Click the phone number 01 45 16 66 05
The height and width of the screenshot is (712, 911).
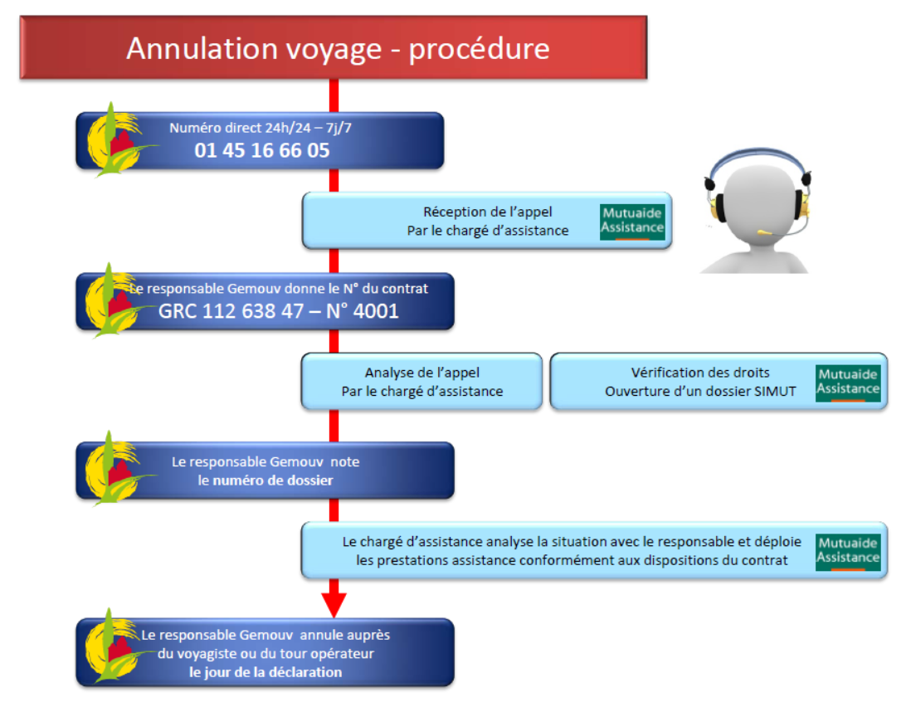coord(262,150)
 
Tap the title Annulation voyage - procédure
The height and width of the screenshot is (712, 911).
coord(337,48)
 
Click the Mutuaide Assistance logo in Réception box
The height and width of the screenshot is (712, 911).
coord(632,221)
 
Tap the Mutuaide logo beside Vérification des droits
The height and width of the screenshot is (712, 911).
coord(847,383)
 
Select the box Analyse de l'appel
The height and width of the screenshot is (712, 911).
coord(421,382)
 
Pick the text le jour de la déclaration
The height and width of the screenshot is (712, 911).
coord(266,671)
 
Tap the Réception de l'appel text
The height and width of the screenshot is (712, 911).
coord(487,212)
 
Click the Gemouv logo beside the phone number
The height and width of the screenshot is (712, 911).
coord(117,141)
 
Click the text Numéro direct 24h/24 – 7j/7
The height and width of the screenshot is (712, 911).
coord(266,129)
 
